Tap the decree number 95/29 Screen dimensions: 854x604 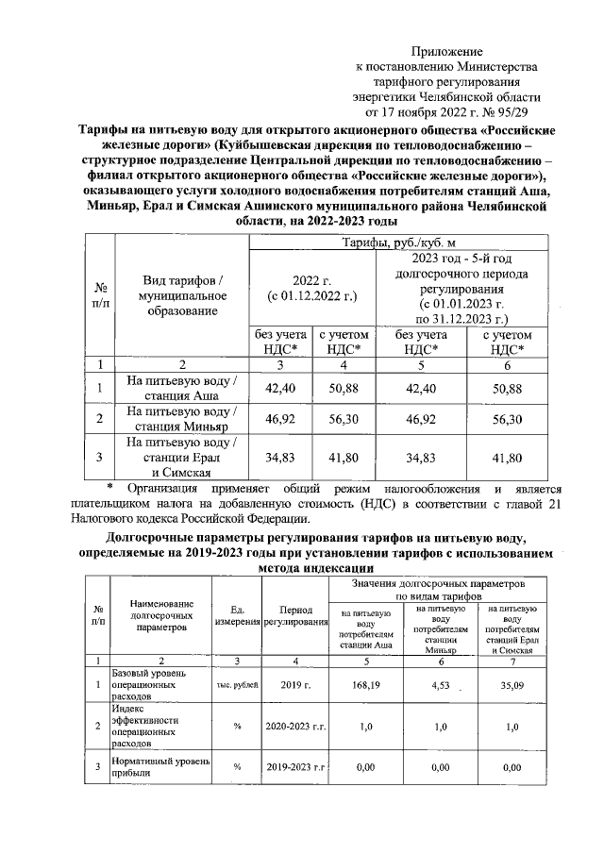pyautogui.click(x=519, y=111)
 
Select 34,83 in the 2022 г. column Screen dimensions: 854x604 pyautogui.click(x=280, y=458)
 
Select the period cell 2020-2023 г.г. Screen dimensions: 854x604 pyautogui.click(x=294, y=727)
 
